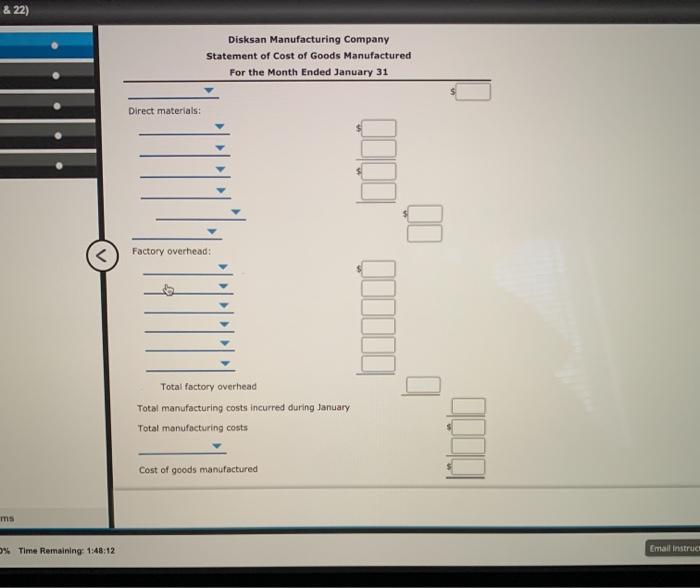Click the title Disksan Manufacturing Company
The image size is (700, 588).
(308, 39)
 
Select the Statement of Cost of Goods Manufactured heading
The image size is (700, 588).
(308, 56)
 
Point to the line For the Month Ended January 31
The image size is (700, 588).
(308, 73)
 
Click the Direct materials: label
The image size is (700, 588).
(164, 110)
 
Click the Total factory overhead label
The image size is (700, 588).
(208, 386)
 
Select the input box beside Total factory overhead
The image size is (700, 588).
(422, 385)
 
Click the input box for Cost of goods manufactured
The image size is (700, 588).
(469, 467)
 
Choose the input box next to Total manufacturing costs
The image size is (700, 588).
(469, 426)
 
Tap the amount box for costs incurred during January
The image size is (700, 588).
(469, 406)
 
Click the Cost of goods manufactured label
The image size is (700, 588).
(198, 469)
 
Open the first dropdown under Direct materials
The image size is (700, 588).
(222, 128)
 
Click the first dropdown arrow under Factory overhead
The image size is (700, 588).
(225, 268)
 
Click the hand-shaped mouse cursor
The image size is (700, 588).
(168, 291)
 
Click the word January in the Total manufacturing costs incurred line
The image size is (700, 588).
(330, 407)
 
